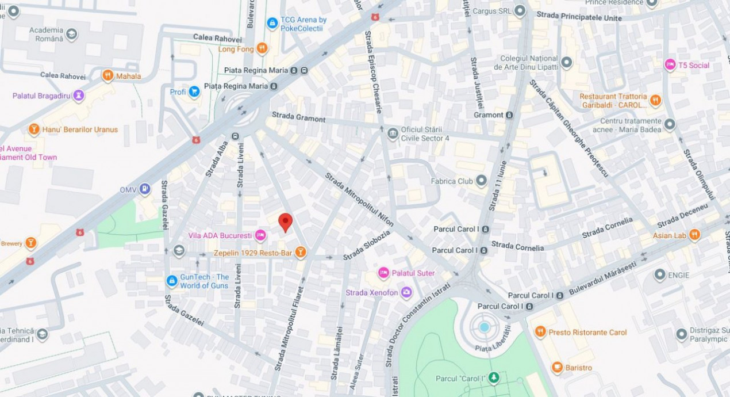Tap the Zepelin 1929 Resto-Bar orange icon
tap(300, 253)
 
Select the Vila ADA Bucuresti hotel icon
tap(260, 235)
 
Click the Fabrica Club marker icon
tap(481, 181)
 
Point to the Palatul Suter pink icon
tap(383, 273)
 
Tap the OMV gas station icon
tap(145, 189)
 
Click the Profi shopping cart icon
tap(194, 91)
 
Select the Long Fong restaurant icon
tap(262, 49)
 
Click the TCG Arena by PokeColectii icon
tap(272, 24)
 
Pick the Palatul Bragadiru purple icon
tap(78, 96)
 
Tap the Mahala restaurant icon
tap(107, 76)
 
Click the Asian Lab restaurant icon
tap(694, 235)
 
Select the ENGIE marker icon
tap(660, 275)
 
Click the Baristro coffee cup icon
tap(557, 368)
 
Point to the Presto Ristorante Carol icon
tap(540, 332)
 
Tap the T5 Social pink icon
tap(670, 65)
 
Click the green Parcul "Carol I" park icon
tap(494, 378)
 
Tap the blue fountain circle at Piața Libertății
tap(485, 327)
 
